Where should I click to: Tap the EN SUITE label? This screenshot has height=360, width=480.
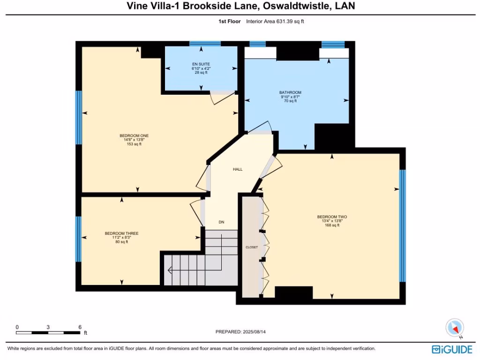point(201,64)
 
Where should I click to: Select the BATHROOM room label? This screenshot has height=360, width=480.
point(290,93)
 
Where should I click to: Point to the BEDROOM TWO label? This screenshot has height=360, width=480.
point(332,217)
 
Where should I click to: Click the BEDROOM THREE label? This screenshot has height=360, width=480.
point(121,233)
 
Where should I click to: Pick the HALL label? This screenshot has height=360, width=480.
point(238,169)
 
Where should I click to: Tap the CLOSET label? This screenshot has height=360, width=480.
point(252,247)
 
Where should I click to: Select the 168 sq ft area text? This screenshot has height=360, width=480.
point(332,225)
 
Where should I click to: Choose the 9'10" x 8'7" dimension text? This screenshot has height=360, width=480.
point(290,97)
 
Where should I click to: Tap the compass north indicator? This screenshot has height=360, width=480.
point(455,328)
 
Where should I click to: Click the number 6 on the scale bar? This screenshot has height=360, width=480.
point(80,327)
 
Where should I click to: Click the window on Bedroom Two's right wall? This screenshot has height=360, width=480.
point(402,225)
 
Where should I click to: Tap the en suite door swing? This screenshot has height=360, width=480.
point(219,98)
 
